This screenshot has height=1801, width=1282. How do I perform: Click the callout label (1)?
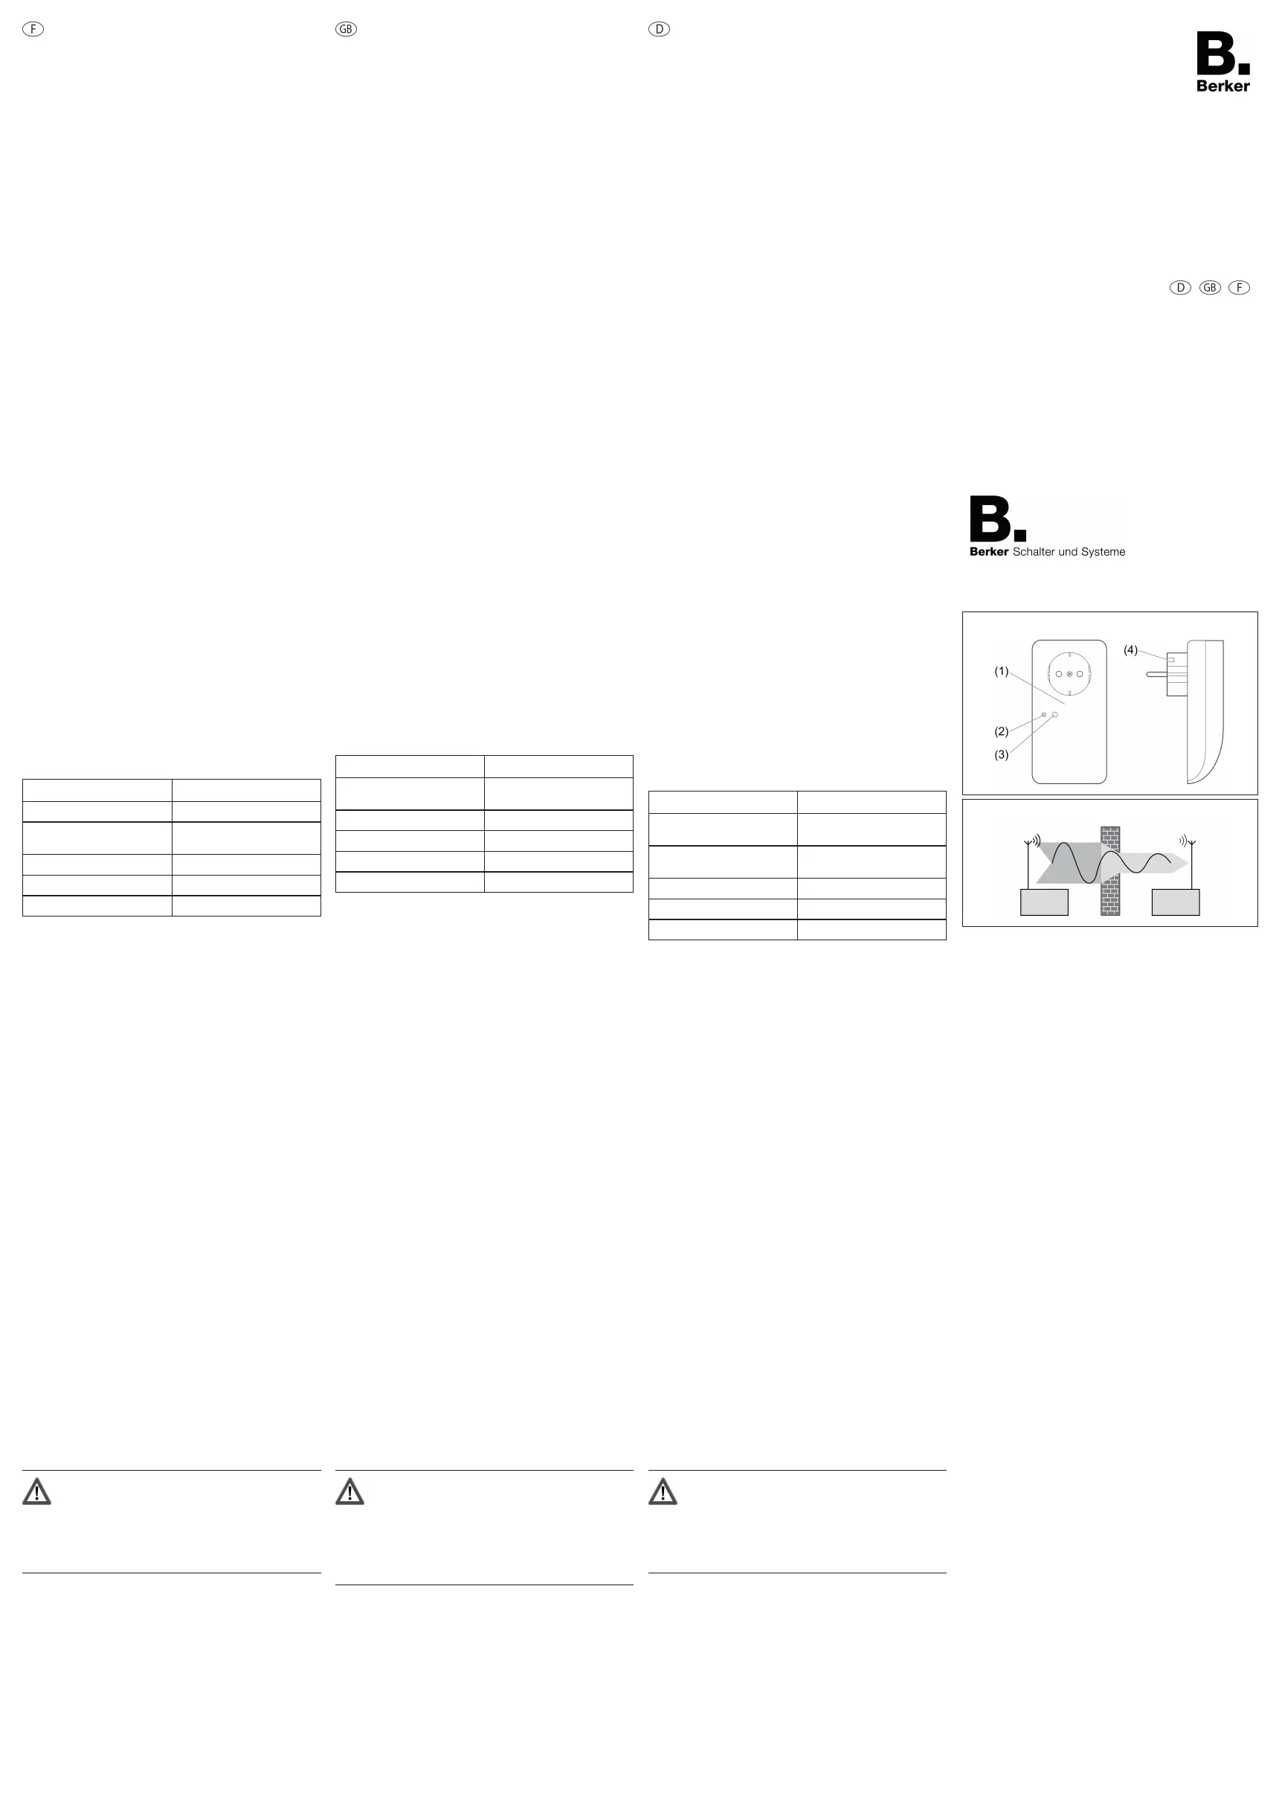(x=1001, y=671)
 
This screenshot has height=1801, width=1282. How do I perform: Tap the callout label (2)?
(x=1001, y=731)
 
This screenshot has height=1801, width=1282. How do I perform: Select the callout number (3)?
(x=1001, y=755)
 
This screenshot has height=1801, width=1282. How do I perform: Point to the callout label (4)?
(x=1130, y=650)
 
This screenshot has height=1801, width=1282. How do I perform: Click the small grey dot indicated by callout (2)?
(x=1044, y=716)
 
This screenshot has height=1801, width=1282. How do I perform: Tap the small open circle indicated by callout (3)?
(x=1054, y=713)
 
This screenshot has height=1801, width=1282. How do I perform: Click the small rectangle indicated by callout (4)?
(x=1170, y=659)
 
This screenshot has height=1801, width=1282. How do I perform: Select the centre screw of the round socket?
(x=1069, y=673)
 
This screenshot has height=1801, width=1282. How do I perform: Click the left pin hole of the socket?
(x=1060, y=673)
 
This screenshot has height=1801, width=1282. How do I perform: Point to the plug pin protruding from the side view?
(x=1157, y=674)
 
